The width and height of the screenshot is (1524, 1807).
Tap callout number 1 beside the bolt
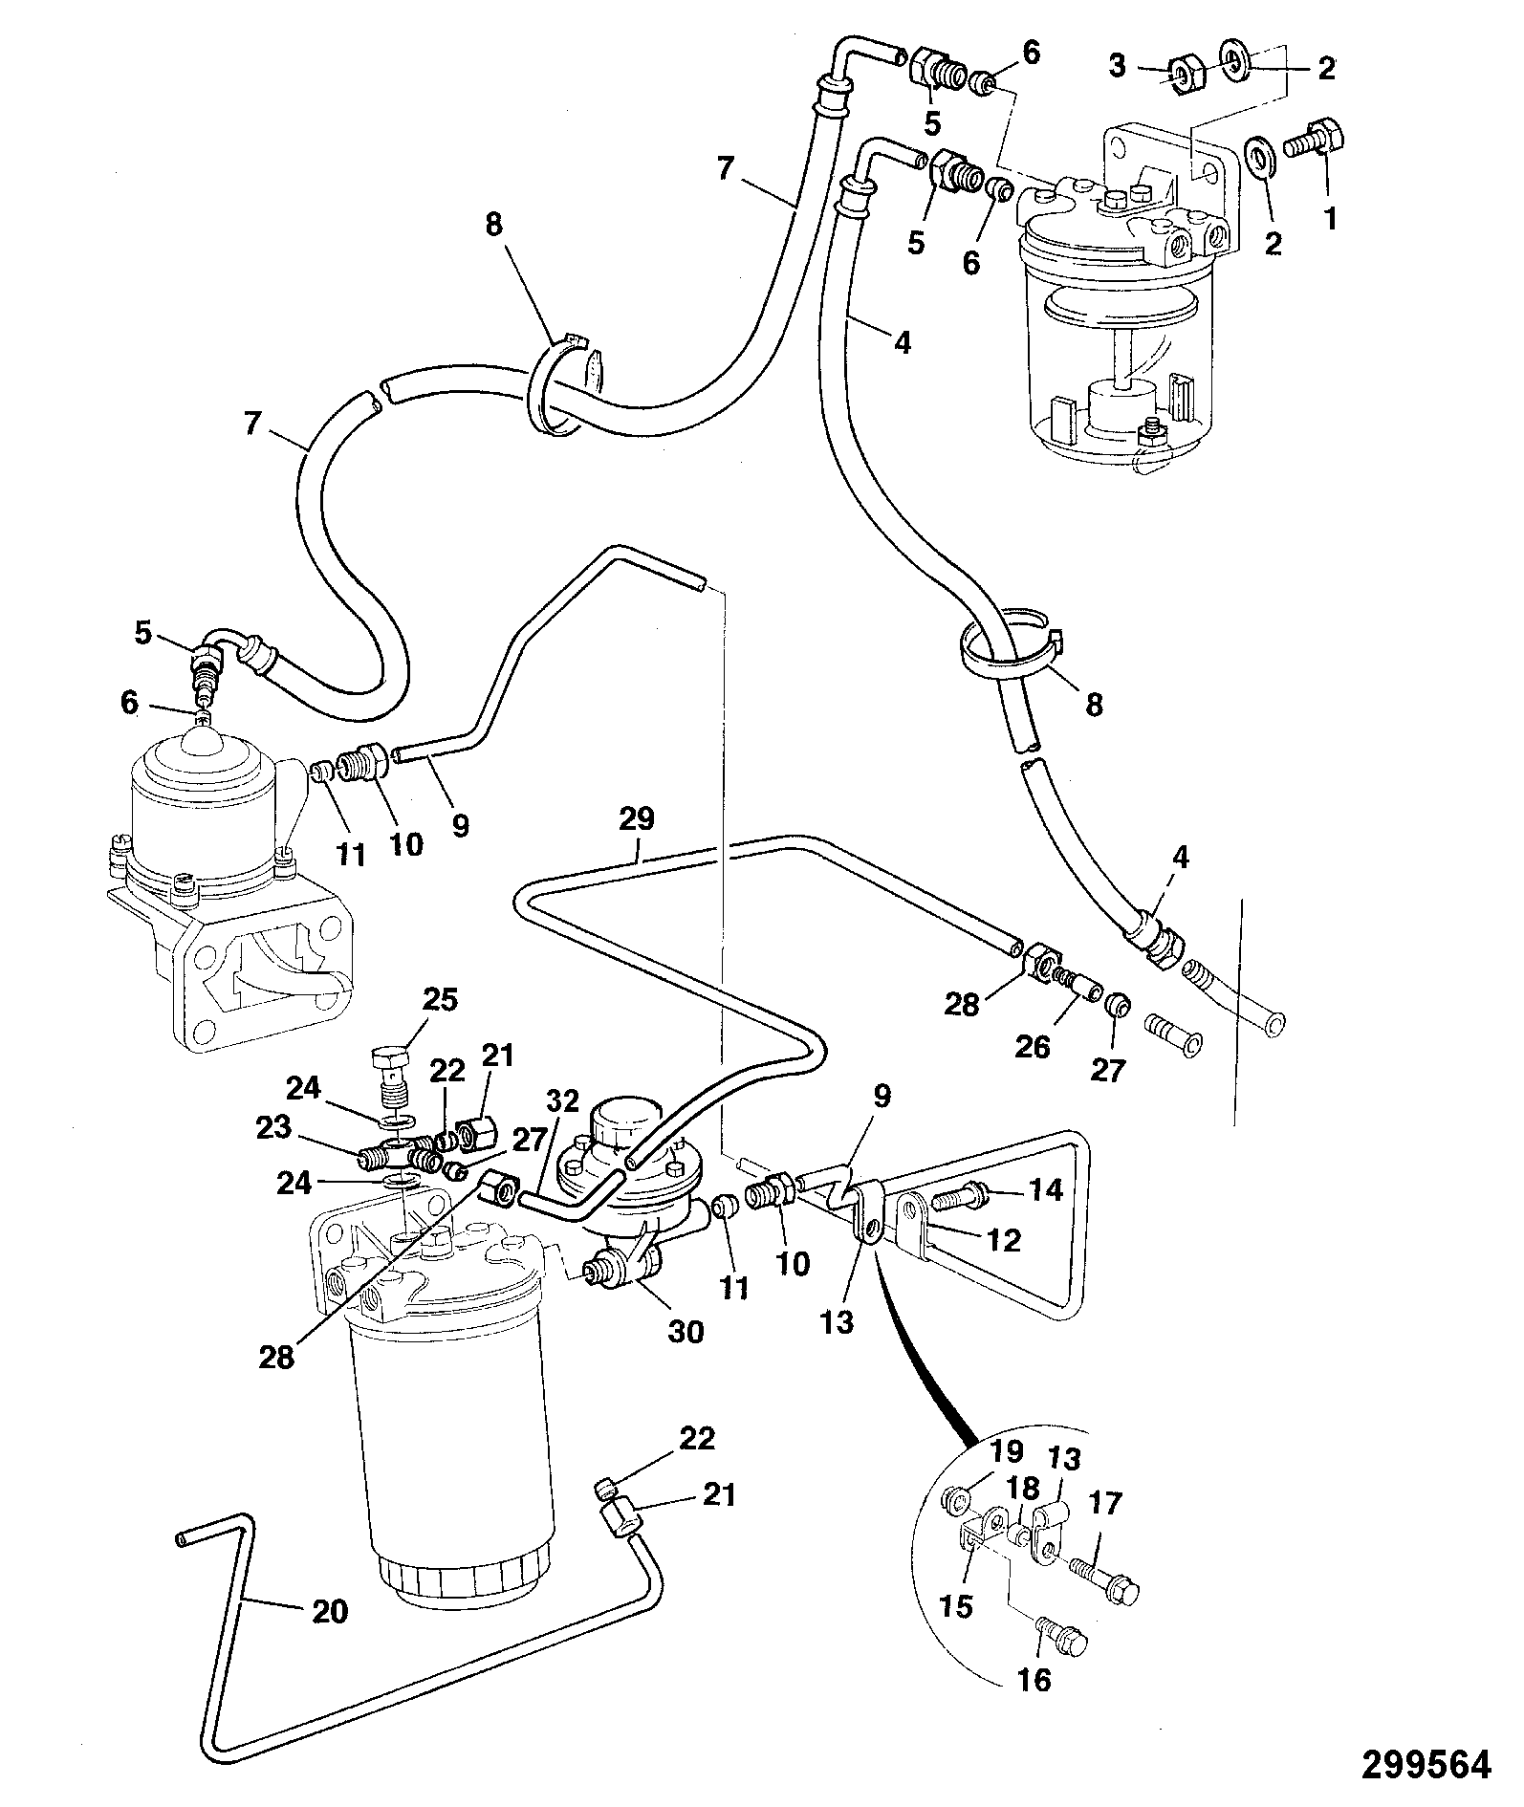pyautogui.click(x=1330, y=219)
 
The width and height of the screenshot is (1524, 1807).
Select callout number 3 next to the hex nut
pyautogui.click(x=1118, y=66)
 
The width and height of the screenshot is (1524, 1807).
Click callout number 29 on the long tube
pyautogui.click(x=638, y=819)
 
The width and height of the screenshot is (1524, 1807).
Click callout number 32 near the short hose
pyautogui.click(x=564, y=1101)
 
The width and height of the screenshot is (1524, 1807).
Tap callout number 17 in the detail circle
pyautogui.click(x=1105, y=1504)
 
